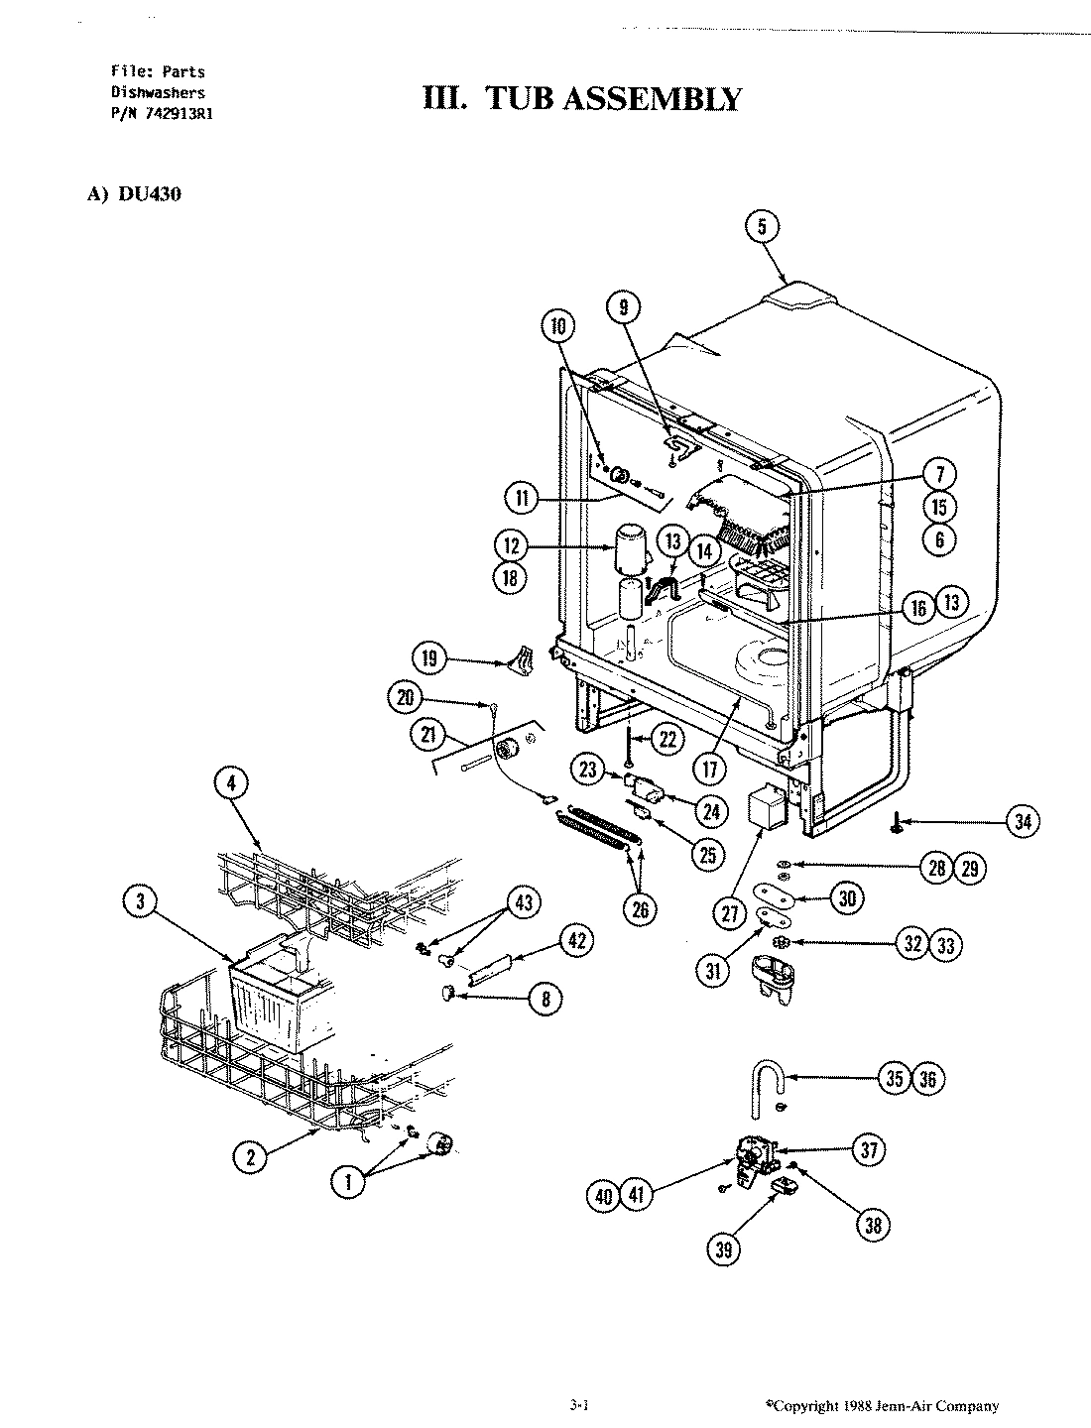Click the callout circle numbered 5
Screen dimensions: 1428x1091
tap(762, 227)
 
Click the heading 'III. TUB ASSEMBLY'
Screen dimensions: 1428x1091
tap(581, 99)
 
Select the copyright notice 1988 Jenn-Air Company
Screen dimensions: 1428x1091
tap(884, 1405)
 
